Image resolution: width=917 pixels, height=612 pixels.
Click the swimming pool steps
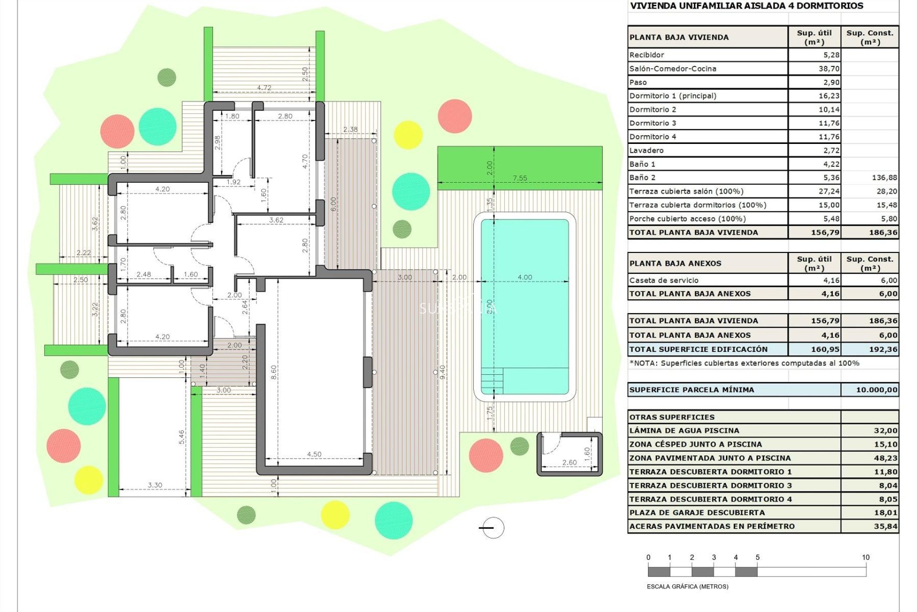(x=492, y=381)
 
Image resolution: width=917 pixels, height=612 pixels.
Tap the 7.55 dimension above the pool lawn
(x=520, y=178)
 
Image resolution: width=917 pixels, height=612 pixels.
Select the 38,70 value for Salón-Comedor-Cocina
(x=829, y=69)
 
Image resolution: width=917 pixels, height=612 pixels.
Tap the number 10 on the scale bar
(x=865, y=557)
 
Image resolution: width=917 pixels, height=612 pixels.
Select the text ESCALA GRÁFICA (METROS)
(x=687, y=587)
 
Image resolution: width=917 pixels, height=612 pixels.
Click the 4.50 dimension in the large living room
(x=314, y=454)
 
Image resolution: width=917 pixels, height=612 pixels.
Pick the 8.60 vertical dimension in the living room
(x=274, y=372)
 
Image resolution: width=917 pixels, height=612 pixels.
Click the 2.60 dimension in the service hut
(x=569, y=462)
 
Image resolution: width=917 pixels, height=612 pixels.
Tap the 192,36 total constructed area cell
(x=883, y=350)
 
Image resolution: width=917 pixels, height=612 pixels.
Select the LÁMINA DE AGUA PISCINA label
(x=684, y=431)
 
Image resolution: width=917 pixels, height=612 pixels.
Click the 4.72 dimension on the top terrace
(x=264, y=87)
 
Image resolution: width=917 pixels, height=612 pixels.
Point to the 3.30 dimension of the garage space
(x=155, y=485)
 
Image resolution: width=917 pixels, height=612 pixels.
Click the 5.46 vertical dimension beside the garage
(x=181, y=437)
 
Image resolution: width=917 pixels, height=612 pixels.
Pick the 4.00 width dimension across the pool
(x=524, y=277)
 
